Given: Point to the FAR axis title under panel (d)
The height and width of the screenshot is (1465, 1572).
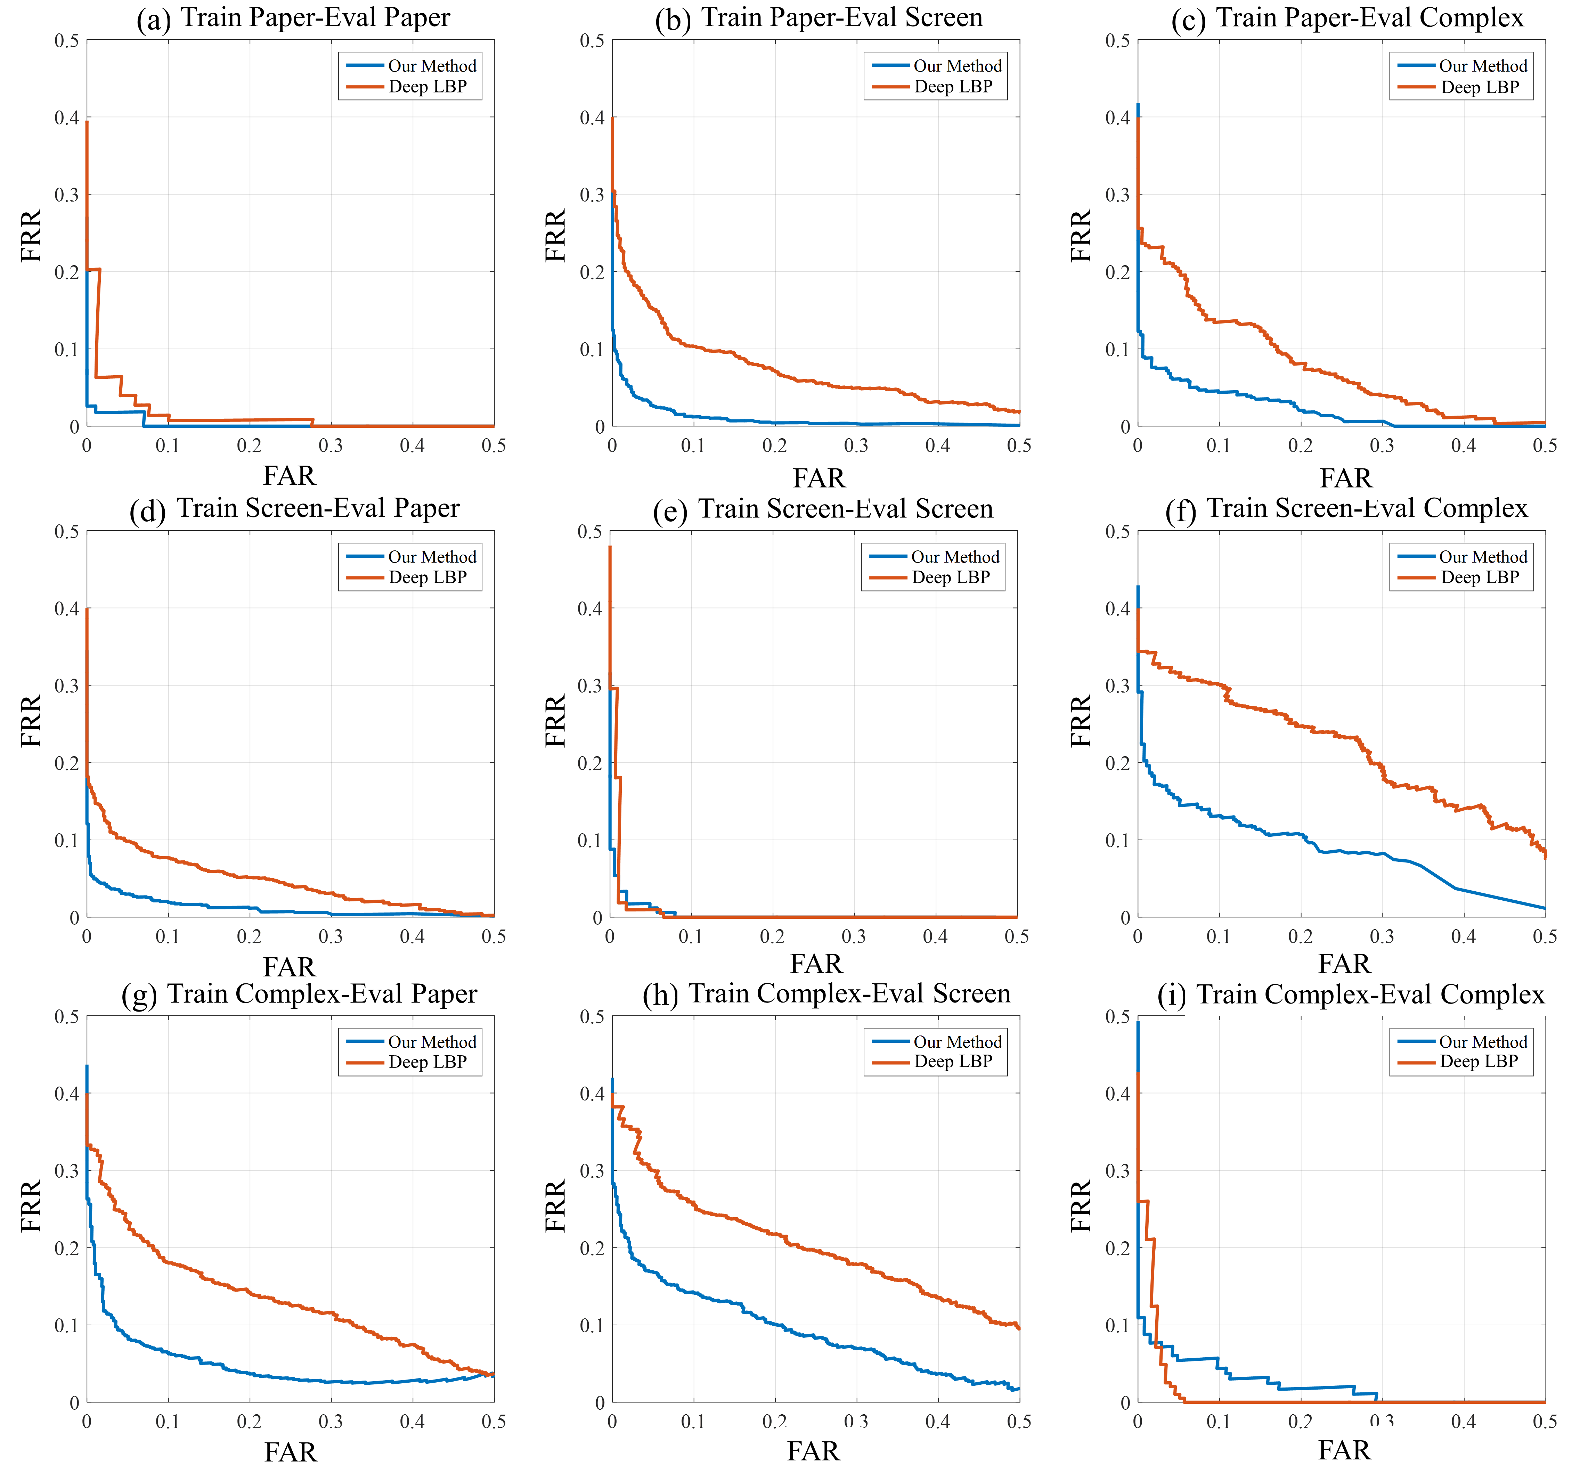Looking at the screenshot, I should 290,966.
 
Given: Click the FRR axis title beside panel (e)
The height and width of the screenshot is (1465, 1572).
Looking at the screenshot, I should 556,721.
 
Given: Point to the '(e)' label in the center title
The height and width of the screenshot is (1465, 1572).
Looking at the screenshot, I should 670,511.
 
